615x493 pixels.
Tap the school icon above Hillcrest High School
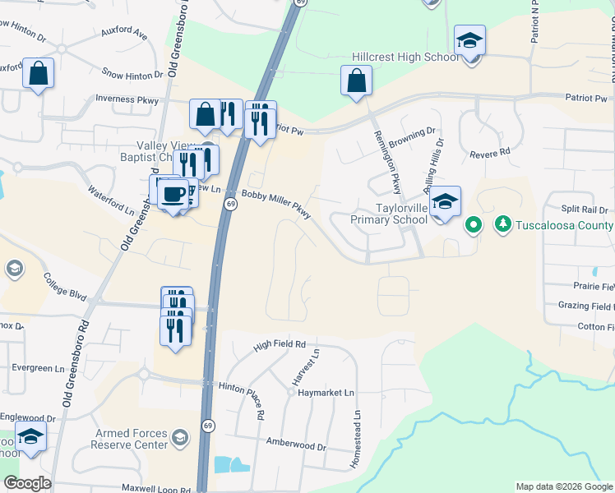pos(469,39)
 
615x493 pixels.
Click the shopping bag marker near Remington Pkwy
pos(356,81)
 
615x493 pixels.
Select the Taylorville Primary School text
pos(389,214)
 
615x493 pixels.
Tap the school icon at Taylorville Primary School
pos(445,202)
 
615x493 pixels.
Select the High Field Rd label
pos(280,345)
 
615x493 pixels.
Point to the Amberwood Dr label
pos(296,445)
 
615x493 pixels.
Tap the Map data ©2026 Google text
pos(563,486)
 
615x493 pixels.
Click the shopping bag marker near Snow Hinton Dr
pos(39,73)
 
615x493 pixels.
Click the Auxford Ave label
pos(123,35)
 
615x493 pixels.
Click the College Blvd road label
pos(65,286)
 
